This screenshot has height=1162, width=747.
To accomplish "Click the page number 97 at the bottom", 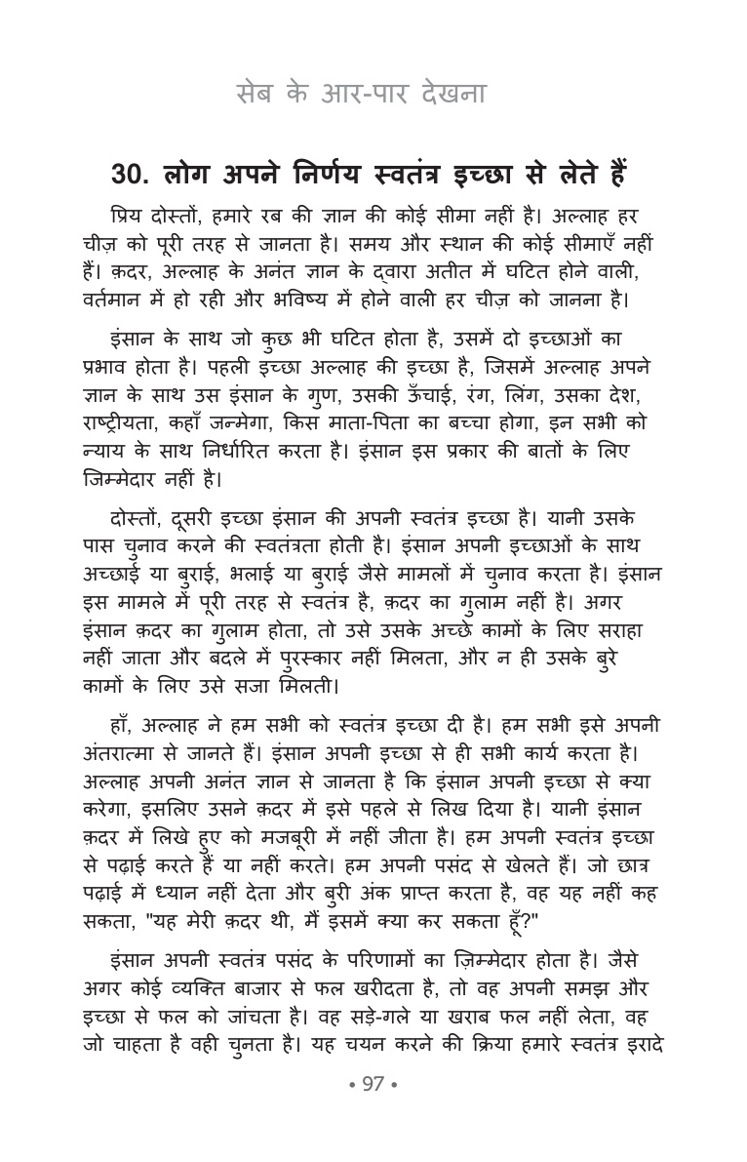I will (x=373, y=1112).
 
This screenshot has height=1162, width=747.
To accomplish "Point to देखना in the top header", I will (x=456, y=96).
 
